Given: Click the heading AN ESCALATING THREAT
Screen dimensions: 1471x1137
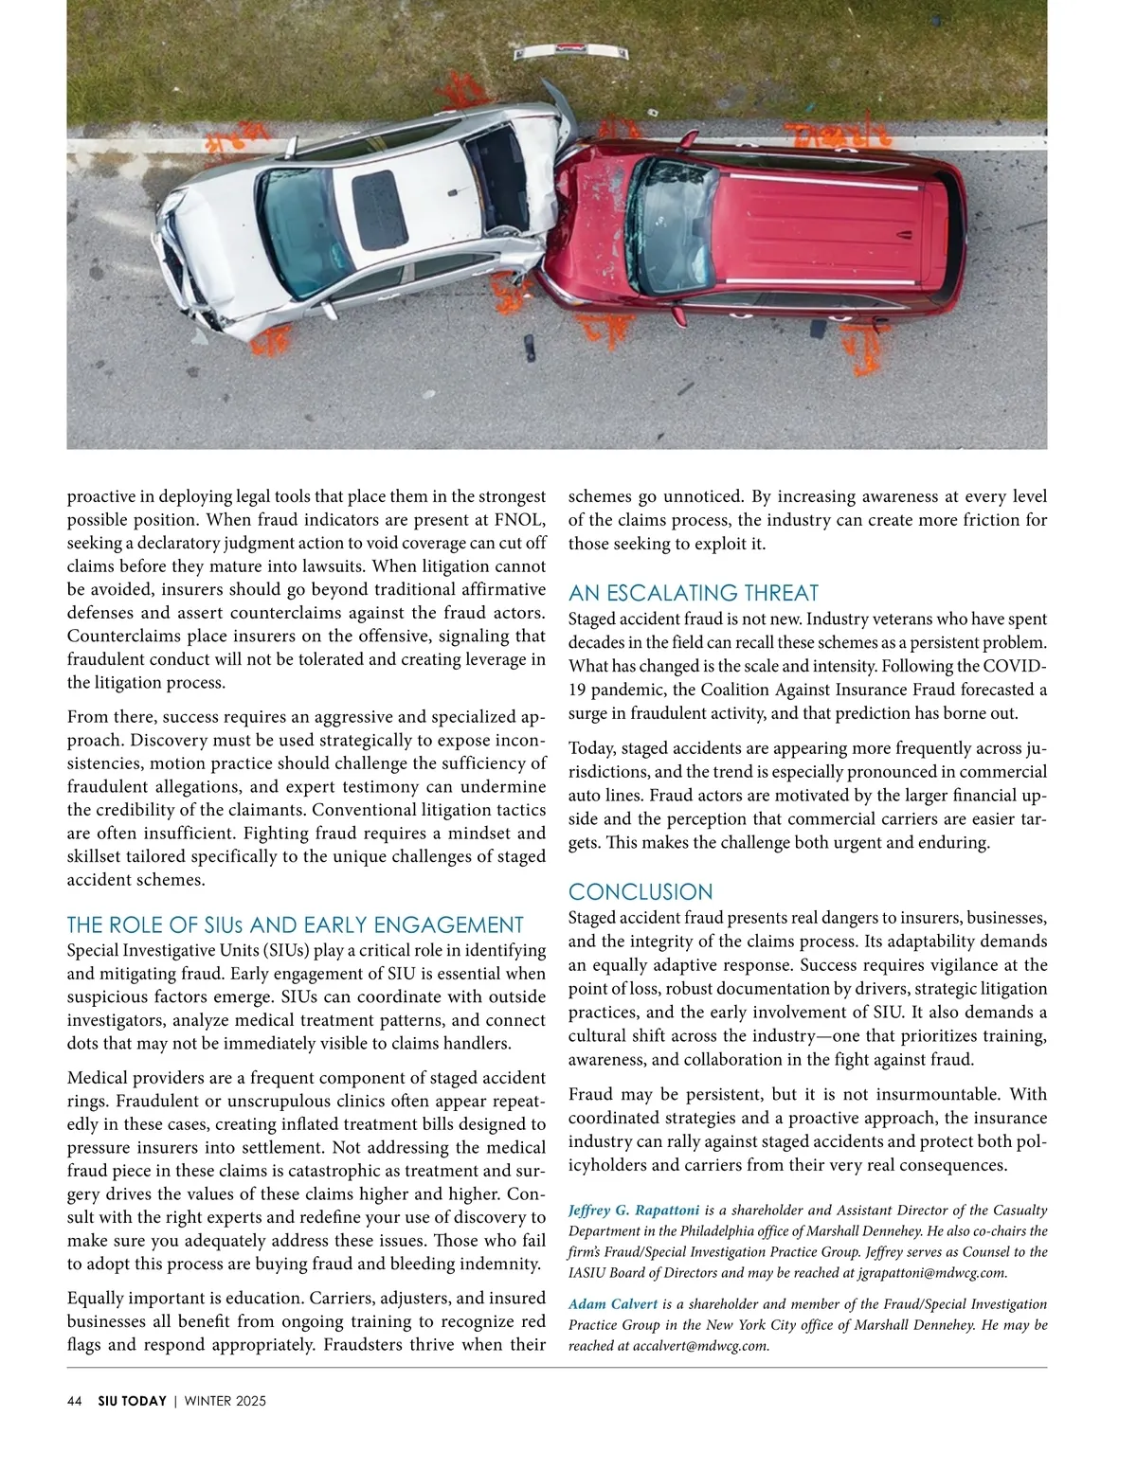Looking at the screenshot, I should [x=693, y=594].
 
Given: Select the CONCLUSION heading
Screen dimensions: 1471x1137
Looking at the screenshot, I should [x=640, y=892].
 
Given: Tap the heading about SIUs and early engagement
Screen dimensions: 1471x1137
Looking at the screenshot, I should [x=295, y=925].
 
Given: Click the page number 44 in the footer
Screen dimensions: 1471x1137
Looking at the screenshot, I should [x=75, y=1401].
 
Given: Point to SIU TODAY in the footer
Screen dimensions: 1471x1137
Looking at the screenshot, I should [x=132, y=1401].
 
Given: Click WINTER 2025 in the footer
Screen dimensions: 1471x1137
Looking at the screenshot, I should [x=225, y=1401].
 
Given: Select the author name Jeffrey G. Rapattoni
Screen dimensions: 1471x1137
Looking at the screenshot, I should [x=633, y=1211].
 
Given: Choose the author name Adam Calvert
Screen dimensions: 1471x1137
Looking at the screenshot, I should [x=612, y=1304].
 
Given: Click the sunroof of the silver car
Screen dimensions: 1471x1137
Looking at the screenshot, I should [x=379, y=210].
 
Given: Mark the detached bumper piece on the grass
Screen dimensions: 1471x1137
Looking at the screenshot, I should [x=590, y=45].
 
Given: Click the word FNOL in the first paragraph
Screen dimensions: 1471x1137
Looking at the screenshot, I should [x=520, y=520].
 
